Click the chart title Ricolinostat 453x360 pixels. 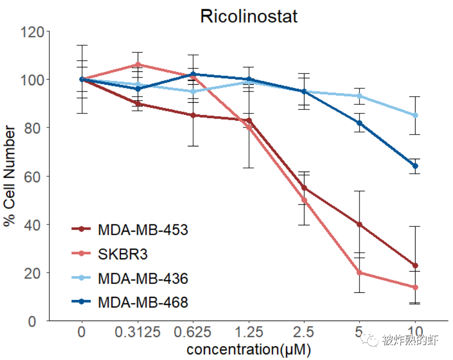point(249,16)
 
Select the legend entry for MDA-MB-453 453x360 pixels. point(143,230)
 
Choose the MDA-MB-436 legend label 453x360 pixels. point(143,279)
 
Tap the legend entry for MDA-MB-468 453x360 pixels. point(143,303)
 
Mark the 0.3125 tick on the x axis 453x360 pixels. point(137,332)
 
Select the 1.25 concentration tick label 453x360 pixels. point(249,332)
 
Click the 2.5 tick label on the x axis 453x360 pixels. point(304,332)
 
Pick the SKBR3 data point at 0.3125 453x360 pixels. point(138,65)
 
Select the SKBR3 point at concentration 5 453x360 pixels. point(360,273)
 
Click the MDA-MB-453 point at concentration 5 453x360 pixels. point(360,224)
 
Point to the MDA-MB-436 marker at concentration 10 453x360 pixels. point(416,115)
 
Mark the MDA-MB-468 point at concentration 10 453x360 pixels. point(416,166)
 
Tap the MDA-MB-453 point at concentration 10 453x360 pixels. point(416,266)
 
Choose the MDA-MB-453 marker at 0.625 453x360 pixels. point(193,116)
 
